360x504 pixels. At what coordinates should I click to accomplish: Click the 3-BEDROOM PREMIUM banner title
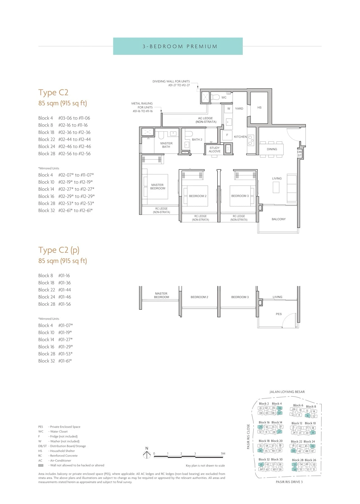coord(180,46)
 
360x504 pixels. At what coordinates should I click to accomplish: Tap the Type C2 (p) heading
coord(59,250)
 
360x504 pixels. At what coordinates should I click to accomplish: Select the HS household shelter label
coord(259,107)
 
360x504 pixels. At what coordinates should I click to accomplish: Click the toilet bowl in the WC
coord(215,97)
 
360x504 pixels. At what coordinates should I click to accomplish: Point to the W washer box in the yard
coord(229,109)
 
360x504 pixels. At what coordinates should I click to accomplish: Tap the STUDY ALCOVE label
coord(215,150)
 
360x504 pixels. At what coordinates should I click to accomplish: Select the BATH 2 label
coord(197,139)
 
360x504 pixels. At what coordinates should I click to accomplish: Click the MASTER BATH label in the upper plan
coord(166,145)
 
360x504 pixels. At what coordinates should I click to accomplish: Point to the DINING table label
coord(272,149)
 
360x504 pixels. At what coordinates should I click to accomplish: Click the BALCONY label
coord(279,219)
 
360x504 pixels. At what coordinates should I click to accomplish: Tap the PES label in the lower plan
coord(279,314)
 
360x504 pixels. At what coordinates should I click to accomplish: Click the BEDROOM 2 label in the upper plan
coord(198,196)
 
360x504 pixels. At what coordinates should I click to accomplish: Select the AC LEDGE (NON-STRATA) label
coord(206,120)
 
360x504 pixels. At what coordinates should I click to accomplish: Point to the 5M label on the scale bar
coord(223,453)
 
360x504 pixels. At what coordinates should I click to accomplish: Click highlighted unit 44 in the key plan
coord(294,451)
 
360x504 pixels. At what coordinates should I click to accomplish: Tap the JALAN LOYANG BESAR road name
coord(287,392)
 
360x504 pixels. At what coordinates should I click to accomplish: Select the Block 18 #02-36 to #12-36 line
coord(64,132)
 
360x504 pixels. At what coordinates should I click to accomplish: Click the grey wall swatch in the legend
coord(41,465)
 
